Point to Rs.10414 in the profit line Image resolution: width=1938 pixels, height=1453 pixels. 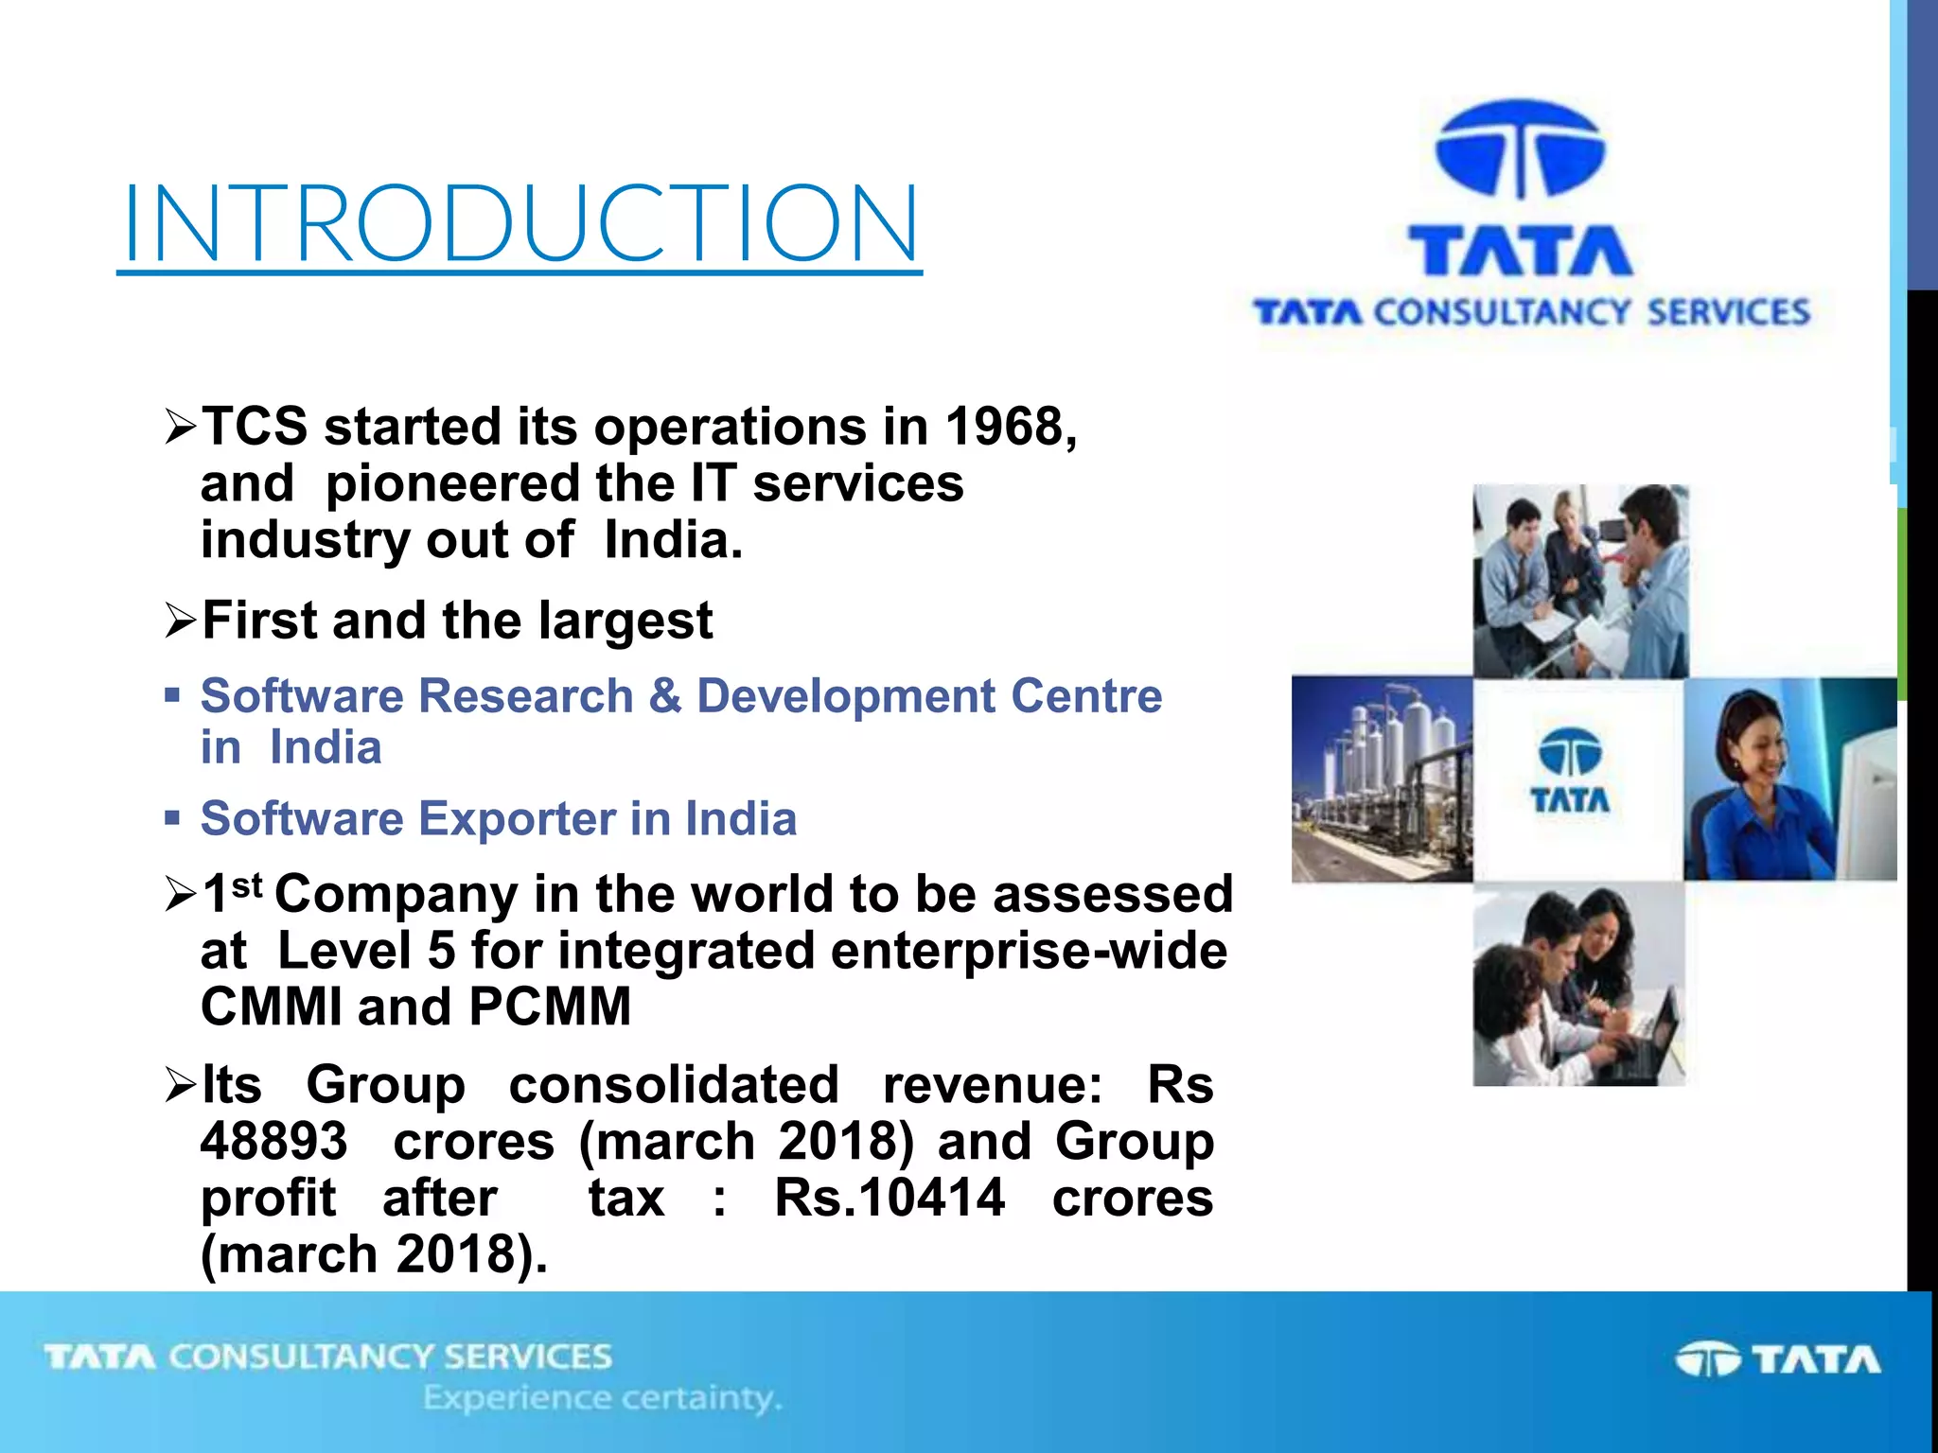pyautogui.click(x=889, y=1198)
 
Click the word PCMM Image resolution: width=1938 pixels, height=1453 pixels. pyautogui.click(x=550, y=1007)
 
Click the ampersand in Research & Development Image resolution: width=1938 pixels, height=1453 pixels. pyautogui.click(x=665, y=696)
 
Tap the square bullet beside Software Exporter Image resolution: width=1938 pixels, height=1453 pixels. pyautogui.click(x=171, y=817)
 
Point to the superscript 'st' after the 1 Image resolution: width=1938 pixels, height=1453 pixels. pyautogui.click(x=247, y=885)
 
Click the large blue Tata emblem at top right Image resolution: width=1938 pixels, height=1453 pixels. pyautogui.click(x=1520, y=149)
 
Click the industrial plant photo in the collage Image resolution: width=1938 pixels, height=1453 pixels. pyautogui.click(x=1382, y=779)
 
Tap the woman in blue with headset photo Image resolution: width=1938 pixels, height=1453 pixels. pyautogui.click(x=1788, y=779)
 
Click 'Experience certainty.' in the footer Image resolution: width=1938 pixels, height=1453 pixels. pyautogui.click(x=603, y=1397)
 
